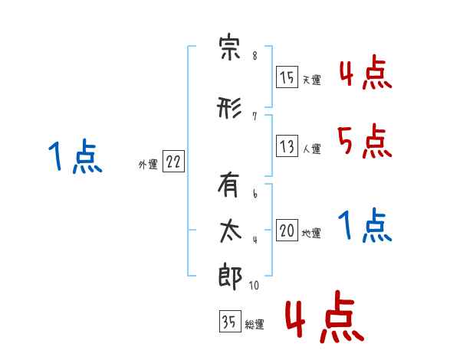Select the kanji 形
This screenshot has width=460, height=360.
click(x=229, y=107)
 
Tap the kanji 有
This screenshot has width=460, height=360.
click(x=228, y=185)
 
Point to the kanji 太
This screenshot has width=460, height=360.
click(x=231, y=231)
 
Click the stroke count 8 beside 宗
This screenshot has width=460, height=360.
click(x=255, y=56)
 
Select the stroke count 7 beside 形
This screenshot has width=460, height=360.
click(x=255, y=116)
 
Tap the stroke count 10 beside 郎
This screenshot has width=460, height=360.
click(x=254, y=285)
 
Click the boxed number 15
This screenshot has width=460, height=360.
click(x=287, y=77)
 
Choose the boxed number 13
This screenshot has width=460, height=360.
click(x=287, y=146)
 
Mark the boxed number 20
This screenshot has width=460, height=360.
click(x=287, y=230)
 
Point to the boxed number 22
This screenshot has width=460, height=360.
click(x=173, y=162)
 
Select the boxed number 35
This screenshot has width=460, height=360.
click(x=230, y=321)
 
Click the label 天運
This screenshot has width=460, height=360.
click(x=311, y=80)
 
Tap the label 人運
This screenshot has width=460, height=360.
click(x=311, y=149)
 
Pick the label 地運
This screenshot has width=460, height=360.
click(x=311, y=233)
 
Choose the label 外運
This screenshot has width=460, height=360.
click(x=148, y=165)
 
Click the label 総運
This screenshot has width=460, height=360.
click(x=255, y=325)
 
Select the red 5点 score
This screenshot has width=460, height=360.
click(x=364, y=141)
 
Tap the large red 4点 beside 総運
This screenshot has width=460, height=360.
click(x=325, y=316)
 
